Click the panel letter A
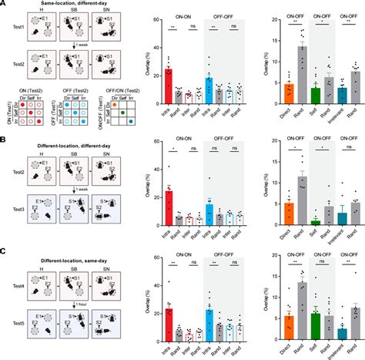coord(5,5)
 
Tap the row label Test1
coord(10,33)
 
